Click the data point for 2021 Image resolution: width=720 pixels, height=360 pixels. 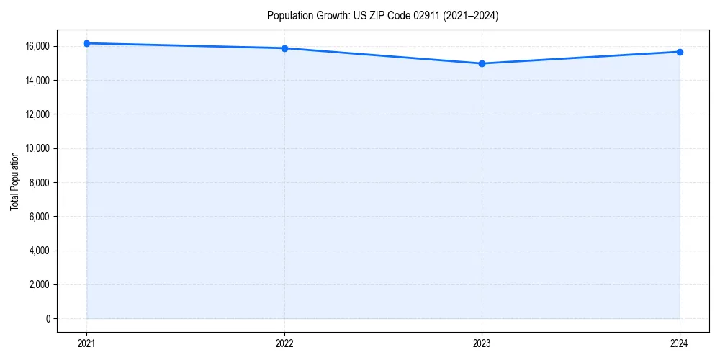pos(86,43)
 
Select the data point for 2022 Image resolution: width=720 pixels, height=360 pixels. pos(284,48)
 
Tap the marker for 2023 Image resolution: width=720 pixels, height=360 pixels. pos(482,63)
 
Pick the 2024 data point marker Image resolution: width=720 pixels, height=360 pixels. pos(680,52)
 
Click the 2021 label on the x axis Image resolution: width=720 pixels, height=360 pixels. pos(86,343)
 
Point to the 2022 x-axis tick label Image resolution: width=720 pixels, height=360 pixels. pos(284,343)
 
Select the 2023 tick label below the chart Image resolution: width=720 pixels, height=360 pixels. pos(482,343)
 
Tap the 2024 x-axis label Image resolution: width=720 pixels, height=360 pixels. pos(680,343)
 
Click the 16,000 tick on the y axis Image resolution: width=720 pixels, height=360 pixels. pos(36,46)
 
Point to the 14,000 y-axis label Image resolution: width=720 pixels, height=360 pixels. pos(36,80)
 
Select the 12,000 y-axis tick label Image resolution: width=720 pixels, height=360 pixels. pos(36,114)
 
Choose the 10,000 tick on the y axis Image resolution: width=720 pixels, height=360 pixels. pos(36,148)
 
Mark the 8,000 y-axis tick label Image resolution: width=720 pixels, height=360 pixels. pos(38,182)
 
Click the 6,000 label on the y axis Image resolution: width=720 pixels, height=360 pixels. pos(38,217)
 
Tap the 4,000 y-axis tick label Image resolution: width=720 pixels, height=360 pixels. pos(38,251)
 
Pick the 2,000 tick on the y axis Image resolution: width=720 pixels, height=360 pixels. pos(38,284)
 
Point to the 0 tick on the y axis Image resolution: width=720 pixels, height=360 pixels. pos(47,319)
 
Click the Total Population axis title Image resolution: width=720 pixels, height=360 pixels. pos(14,181)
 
